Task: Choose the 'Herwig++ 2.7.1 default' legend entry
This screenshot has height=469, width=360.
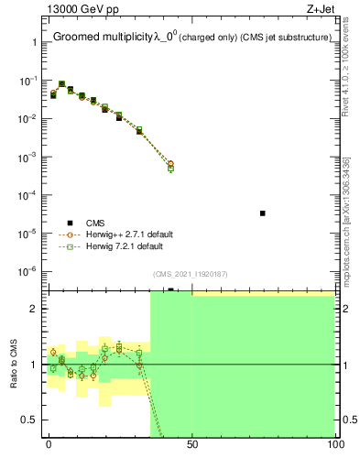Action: click(129, 234)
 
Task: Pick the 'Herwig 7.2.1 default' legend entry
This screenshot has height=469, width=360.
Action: click(125, 246)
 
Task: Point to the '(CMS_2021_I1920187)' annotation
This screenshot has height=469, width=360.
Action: click(191, 273)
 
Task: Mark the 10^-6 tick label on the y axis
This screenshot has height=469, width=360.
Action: click(29, 271)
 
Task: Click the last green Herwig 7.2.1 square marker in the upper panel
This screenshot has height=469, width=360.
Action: click(171, 169)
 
